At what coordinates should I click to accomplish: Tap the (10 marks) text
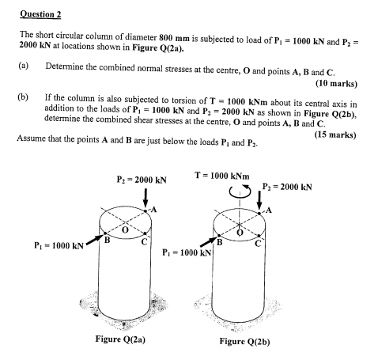(x=335, y=83)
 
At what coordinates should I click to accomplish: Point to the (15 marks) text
(x=334, y=135)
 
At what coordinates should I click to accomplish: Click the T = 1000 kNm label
(x=222, y=174)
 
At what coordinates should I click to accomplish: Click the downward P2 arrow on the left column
(x=146, y=198)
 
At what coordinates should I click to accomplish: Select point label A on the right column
(x=270, y=210)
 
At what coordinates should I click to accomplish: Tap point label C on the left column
(x=146, y=241)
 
